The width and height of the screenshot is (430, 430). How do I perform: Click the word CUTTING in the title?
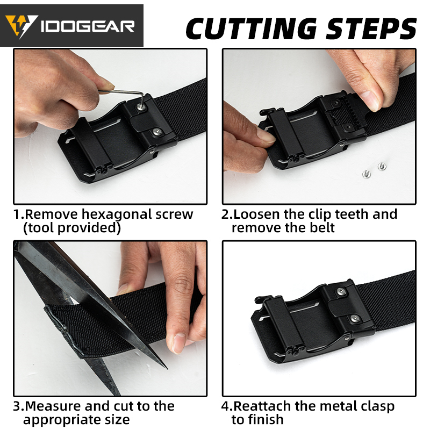251,28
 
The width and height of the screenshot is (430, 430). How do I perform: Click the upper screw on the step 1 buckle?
141,107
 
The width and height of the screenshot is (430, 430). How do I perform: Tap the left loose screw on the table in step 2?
366,173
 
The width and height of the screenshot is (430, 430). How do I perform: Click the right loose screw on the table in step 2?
382,166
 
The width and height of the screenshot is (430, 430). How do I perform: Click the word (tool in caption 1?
39,228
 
